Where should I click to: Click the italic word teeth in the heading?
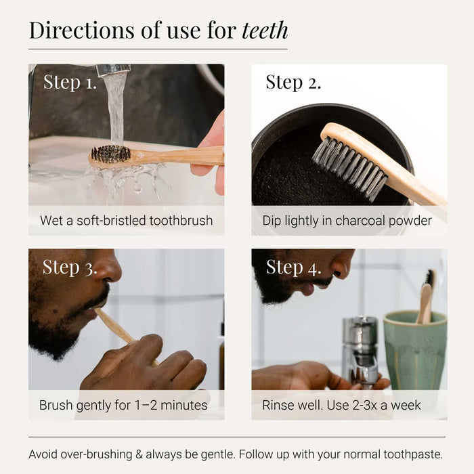click(x=265, y=30)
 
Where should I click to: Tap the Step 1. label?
click(x=70, y=82)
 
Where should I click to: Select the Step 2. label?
click(x=293, y=82)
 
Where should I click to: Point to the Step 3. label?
click(x=70, y=267)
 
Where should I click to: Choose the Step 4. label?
click(x=293, y=267)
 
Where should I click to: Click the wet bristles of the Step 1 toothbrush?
click(x=110, y=154)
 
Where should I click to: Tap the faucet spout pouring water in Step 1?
click(x=113, y=70)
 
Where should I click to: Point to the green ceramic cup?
click(x=415, y=351)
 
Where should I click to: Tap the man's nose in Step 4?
click(x=342, y=262)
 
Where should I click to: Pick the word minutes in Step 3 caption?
click(x=184, y=406)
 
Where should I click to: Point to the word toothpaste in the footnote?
click(x=413, y=454)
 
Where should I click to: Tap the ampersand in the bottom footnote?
click(x=139, y=454)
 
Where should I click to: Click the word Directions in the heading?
click(x=82, y=30)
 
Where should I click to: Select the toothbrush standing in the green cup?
click(x=426, y=297)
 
